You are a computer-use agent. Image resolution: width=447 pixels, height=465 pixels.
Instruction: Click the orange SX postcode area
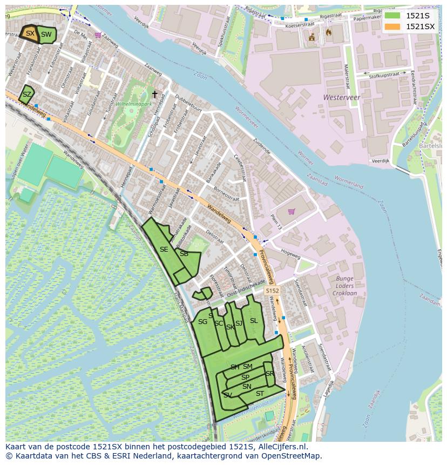30,33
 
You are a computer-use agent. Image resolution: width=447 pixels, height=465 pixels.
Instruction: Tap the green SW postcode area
47,35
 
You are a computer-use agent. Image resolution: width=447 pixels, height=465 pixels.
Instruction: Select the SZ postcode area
26,95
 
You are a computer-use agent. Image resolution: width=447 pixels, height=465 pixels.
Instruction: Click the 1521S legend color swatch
392,15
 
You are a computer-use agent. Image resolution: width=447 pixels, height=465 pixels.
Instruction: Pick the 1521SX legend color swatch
392,26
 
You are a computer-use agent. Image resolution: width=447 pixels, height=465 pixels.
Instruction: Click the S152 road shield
272,291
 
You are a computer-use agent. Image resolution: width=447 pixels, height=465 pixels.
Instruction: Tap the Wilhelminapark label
133,103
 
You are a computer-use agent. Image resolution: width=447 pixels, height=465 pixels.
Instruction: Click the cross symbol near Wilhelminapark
155,95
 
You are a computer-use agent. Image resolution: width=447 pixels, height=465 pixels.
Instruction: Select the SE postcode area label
164,250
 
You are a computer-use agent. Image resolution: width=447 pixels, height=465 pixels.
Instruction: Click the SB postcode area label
184,254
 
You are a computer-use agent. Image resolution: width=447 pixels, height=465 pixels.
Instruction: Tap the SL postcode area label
254,321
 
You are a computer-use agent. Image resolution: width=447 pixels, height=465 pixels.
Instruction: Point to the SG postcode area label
202,322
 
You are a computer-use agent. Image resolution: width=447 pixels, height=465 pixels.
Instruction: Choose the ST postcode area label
260,394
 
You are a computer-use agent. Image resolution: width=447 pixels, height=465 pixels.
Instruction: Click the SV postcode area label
228,395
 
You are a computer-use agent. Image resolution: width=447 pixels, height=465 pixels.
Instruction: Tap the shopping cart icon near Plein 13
292,211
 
